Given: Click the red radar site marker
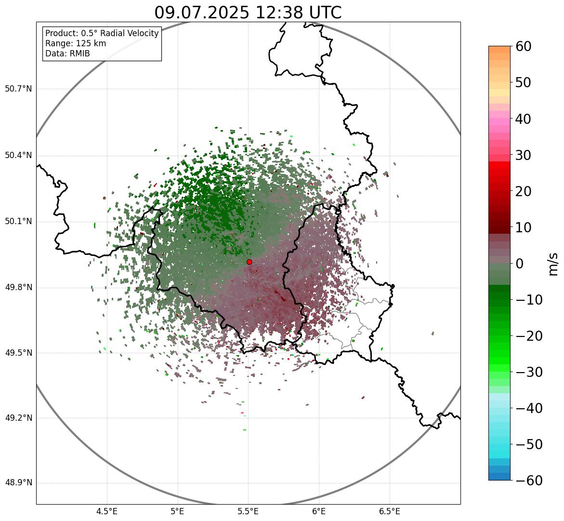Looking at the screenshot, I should (249, 262).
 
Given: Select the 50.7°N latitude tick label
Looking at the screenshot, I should (18, 89).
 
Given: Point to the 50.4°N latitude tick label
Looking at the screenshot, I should (18, 156).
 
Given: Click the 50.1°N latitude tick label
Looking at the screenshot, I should (18, 222).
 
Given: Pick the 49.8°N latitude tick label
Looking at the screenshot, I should (18, 288).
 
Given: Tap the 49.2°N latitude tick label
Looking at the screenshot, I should (18, 418).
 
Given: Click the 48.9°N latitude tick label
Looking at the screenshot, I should (18, 483).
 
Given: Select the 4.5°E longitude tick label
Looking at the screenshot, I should (107, 511).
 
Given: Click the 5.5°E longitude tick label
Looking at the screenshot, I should (248, 511).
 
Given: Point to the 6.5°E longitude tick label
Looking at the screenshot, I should (389, 511).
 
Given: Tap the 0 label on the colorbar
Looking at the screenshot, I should (520, 264).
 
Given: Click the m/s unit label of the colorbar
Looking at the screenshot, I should (554, 264).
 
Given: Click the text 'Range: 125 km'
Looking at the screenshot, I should (76, 43).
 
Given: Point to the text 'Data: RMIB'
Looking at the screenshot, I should (67, 53).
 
